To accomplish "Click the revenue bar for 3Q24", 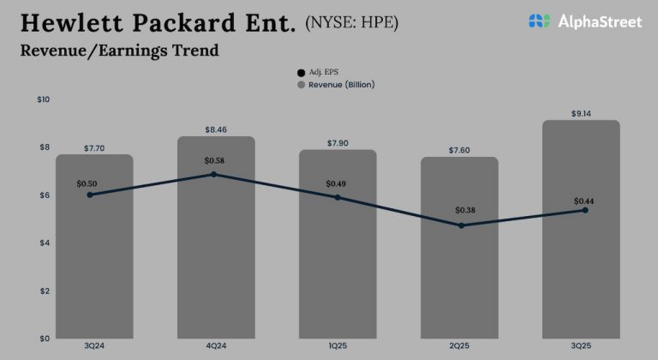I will [x=94, y=257].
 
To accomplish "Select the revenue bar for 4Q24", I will [x=216, y=257].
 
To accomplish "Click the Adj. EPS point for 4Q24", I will [x=213, y=174].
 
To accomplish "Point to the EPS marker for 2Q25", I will [x=462, y=225].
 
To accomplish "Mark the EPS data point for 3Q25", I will [x=585, y=210].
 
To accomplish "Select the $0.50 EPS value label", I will [x=87, y=183].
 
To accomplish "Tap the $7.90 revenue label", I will [x=338, y=142].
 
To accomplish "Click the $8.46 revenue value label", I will [x=216, y=129].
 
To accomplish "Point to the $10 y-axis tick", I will [x=44, y=100].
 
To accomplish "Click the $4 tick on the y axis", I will [x=44, y=243].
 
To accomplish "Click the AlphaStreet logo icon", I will [x=539, y=21].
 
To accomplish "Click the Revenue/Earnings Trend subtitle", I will [x=119, y=51].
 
